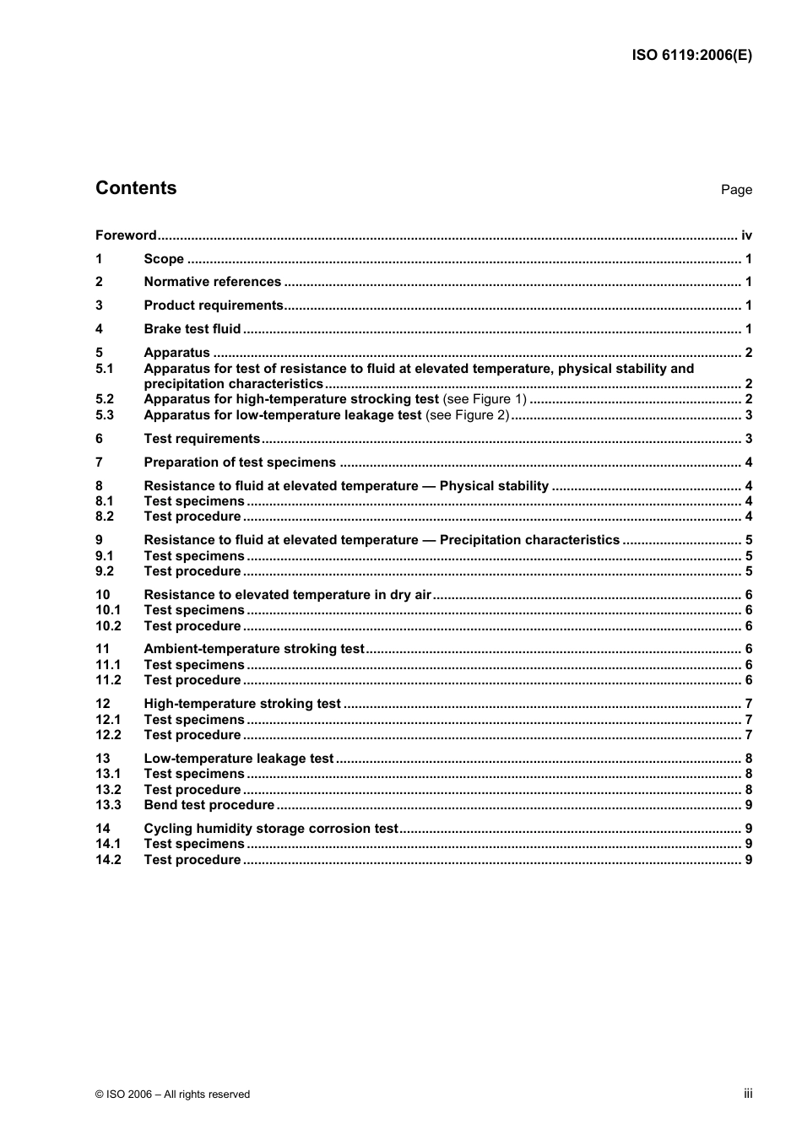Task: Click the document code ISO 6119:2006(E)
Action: pos(691,56)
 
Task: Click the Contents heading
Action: pos(136,188)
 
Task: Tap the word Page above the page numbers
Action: pos(736,190)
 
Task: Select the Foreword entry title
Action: pos(126,235)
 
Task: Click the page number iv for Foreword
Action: pos(746,235)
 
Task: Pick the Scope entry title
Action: pos(164,259)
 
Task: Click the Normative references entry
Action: pos(212,282)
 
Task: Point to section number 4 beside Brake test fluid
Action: pos(99,329)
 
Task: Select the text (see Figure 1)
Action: pos(485,399)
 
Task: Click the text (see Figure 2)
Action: pos(467,415)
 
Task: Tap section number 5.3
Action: pos(105,415)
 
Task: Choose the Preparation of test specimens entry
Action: pos(240,462)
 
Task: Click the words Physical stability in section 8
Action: pos(494,486)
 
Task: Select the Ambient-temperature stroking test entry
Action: pos(254,649)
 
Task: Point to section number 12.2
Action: pos(108,735)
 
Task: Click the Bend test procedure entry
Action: pos(209,805)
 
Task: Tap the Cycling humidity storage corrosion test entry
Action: pos(270,829)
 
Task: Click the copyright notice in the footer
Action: pos(173,1094)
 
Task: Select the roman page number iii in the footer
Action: pos(748,1094)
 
